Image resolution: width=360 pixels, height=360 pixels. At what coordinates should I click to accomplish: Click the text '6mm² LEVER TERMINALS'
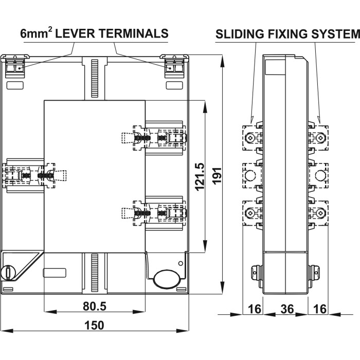(94, 34)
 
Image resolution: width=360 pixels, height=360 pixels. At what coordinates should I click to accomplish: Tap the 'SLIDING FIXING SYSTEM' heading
(286, 34)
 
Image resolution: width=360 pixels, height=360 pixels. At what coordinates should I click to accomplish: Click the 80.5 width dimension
(95, 307)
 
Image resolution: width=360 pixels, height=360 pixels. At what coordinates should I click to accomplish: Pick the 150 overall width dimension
(94, 325)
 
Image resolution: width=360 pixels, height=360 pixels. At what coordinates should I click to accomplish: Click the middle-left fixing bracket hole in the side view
(249, 175)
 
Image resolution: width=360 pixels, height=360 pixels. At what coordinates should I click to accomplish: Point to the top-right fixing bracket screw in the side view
(320, 138)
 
